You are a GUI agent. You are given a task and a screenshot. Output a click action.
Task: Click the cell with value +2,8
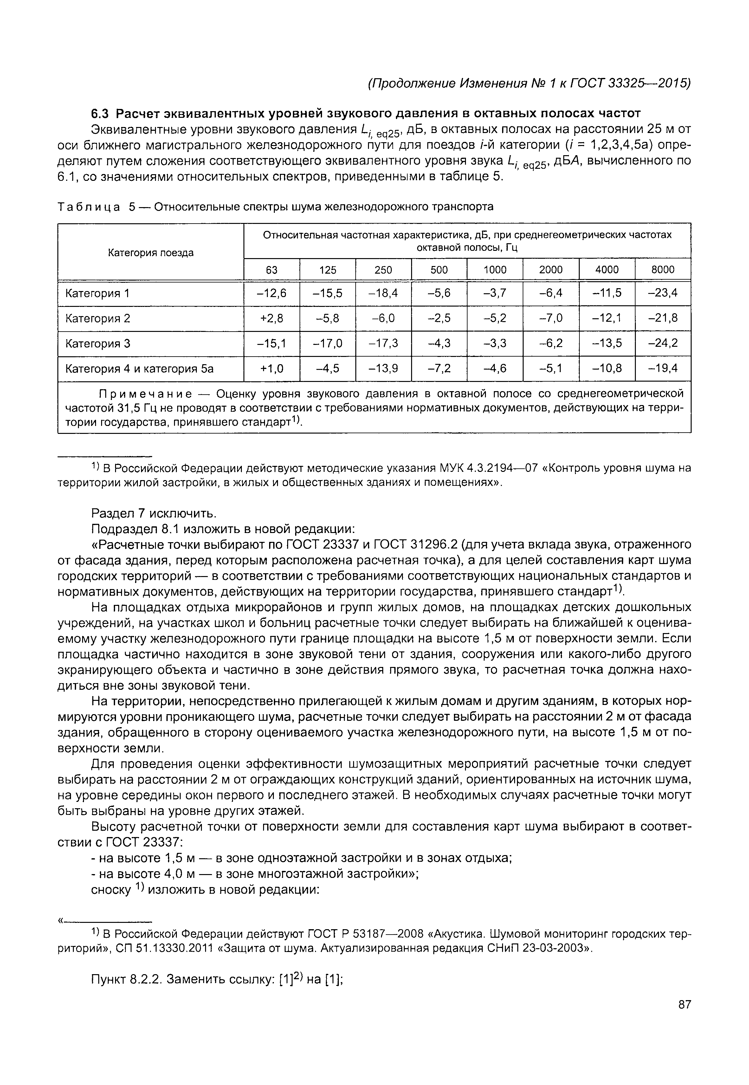pyautogui.click(x=272, y=319)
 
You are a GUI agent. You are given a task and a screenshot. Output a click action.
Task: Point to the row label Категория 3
pyautogui.click(x=98, y=344)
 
